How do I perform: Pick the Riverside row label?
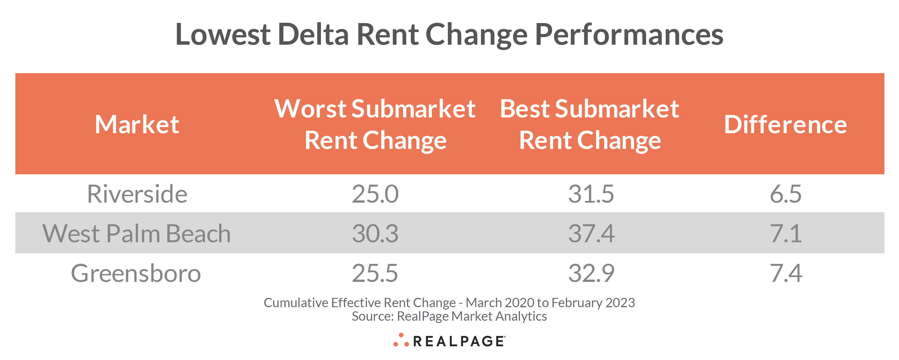coord(137,194)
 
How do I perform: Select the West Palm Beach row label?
coord(136,233)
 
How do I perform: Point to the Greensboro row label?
coord(136,273)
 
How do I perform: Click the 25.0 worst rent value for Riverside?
coord(375,194)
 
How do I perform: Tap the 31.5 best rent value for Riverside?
coord(591,194)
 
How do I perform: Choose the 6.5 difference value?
coord(786,194)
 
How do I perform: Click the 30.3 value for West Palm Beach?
coord(375,233)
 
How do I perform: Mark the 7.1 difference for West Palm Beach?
coord(786,233)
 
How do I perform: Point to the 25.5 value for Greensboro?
coord(375,273)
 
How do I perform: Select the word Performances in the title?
coord(629,35)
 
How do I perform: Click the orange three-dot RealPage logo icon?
coord(401,340)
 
